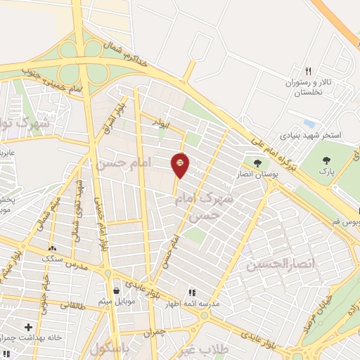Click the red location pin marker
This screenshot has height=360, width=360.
coord(180,165)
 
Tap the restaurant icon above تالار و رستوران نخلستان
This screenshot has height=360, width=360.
coord(308,71)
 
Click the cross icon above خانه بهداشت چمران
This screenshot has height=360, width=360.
coord(28,327)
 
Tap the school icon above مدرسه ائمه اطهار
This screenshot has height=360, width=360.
coord(191,293)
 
